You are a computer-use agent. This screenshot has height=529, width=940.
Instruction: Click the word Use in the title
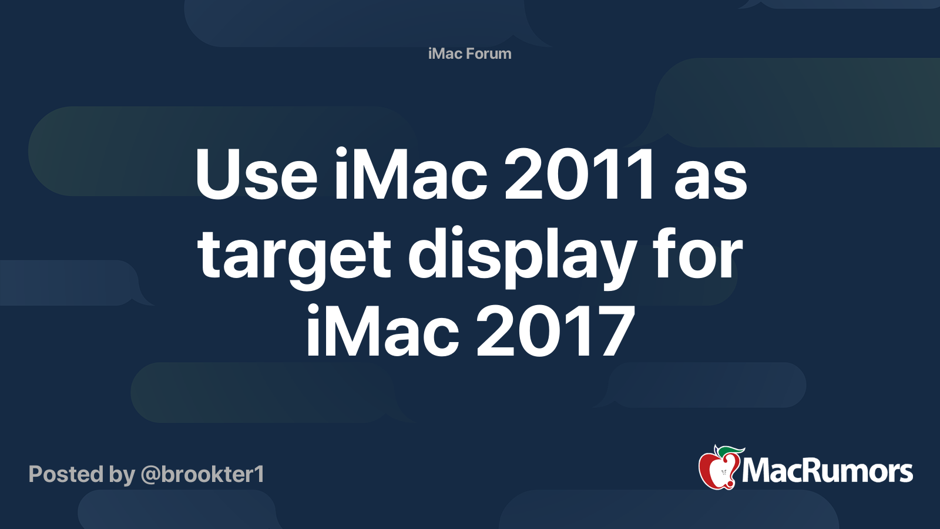(x=256, y=175)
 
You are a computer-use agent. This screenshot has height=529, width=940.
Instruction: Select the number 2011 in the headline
(x=579, y=175)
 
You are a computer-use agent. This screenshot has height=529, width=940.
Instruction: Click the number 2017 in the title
(x=555, y=332)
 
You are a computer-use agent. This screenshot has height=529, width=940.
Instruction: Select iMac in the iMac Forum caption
(x=445, y=53)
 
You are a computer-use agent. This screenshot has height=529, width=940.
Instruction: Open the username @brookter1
(x=202, y=474)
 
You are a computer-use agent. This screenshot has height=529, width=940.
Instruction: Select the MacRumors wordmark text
(x=827, y=471)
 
